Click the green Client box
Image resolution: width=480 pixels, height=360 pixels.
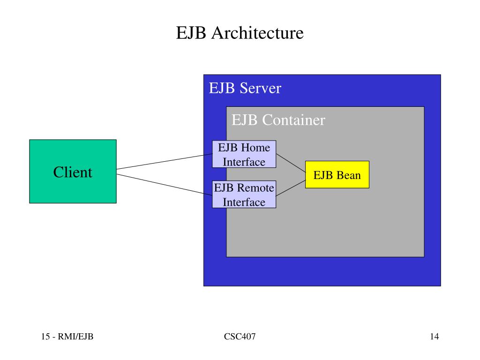73,172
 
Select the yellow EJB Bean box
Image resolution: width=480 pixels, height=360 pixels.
337,174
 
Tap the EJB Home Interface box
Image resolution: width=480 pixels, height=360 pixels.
244,154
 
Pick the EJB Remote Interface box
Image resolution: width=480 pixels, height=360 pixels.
244,195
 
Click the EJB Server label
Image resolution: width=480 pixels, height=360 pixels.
245,88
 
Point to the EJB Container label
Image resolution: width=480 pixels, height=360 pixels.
278,120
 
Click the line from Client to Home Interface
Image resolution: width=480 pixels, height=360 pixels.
165,162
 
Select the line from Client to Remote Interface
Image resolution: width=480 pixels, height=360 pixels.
165,184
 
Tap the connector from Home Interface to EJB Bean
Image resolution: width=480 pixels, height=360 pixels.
291,163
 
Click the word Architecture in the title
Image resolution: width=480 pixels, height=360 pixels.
257,33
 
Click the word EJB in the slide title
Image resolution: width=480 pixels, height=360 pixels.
191,33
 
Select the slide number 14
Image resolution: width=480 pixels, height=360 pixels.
435,337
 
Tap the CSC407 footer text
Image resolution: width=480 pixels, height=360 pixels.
240,337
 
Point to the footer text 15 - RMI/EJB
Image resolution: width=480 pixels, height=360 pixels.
67,337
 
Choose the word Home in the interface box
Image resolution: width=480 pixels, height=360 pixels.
255,148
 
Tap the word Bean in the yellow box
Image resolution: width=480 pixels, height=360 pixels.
348,175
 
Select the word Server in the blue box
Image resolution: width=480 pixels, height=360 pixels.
260,88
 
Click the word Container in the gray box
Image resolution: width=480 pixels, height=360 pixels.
293,120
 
